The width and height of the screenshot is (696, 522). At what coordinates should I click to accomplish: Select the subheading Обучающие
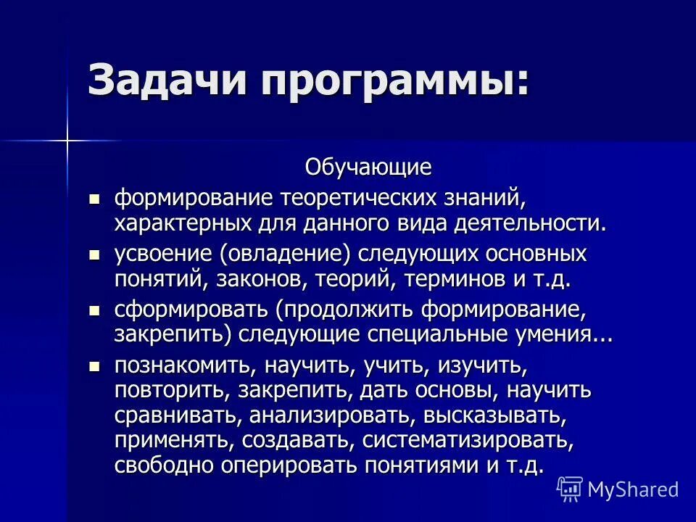click(368, 167)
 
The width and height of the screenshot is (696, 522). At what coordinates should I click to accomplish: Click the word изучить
click(478, 366)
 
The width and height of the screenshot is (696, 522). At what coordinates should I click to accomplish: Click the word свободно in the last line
click(159, 465)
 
